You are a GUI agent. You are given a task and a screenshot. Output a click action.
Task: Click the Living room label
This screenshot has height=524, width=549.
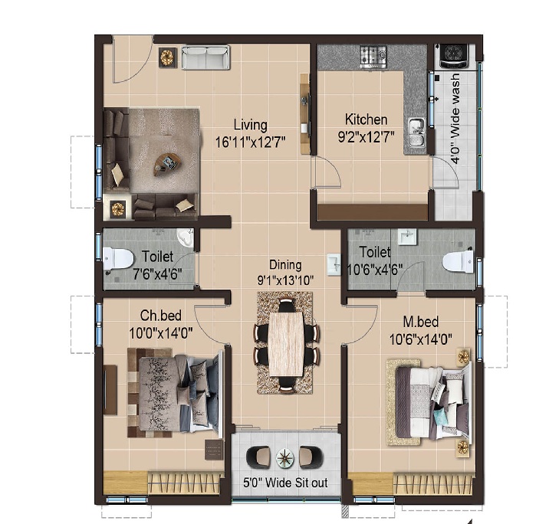point(250,125)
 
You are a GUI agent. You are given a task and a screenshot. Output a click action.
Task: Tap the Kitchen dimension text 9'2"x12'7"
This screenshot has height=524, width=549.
point(366,137)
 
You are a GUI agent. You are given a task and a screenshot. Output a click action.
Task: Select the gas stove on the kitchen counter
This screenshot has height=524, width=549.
point(373,56)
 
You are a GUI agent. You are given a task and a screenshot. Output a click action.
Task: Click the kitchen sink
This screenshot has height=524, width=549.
point(417,133)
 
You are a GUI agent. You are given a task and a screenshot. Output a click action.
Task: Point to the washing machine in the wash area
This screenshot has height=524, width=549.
point(454,56)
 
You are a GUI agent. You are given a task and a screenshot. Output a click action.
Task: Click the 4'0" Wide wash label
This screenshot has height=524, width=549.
point(455,118)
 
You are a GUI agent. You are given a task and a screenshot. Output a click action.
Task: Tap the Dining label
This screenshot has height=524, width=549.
point(285,265)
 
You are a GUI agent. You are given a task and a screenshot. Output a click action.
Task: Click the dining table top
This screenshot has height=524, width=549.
point(286,343)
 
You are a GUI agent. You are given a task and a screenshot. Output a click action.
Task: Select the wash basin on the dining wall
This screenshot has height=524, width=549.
point(334,264)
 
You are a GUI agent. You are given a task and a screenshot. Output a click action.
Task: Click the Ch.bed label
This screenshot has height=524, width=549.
point(161,316)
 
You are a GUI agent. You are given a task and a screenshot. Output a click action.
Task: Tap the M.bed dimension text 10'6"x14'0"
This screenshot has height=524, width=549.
point(421,339)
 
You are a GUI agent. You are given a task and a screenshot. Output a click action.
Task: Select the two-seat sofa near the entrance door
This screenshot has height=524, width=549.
point(205,57)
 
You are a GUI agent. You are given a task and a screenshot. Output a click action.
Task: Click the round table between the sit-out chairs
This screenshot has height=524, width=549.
point(285,458)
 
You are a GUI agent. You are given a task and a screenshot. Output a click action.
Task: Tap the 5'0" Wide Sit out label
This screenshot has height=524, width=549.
point(285,483)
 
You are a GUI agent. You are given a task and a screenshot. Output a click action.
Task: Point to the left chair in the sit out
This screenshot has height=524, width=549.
point(258,457)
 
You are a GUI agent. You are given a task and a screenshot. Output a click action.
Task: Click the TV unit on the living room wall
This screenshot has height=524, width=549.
point(305,113)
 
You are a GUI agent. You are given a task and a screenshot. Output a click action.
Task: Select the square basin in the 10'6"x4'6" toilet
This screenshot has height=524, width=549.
point(407,237)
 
